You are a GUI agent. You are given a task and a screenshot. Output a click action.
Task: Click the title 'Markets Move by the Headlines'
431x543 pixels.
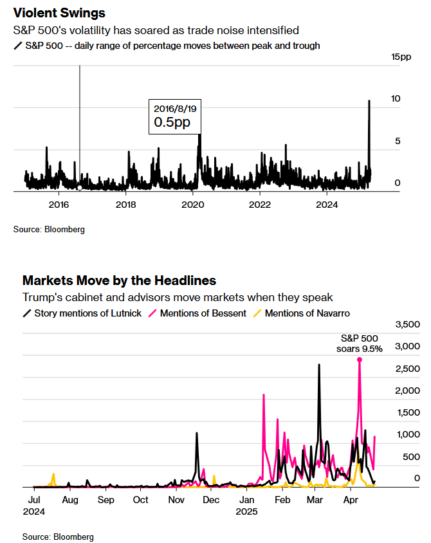pyautogui.click(x=119, y=281)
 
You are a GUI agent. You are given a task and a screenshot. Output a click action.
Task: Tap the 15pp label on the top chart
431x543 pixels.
pyautogui.click(x=401, y=58)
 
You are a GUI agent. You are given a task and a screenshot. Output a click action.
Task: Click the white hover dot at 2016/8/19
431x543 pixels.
pyautogui.click(x=80, y=187)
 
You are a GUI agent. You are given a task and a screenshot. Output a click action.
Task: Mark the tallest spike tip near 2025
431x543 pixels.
pyautogui.click(x=369, y=100)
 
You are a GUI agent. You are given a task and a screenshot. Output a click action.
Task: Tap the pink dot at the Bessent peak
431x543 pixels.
pyautogui.click(x=360, y=360)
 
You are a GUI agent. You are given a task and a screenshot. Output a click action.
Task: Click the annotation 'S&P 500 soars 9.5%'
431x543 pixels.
pyautogui.click(x=360, y=344)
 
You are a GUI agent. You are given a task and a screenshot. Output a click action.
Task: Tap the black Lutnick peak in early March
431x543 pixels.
pyautogui.click(x=319, y=365)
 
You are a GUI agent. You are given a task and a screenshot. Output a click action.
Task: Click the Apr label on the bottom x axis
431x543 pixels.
pyautogui.click(x=351, y=500)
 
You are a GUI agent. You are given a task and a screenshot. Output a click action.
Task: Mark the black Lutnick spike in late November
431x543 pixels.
pyautogui.click(x=197, y=433)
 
